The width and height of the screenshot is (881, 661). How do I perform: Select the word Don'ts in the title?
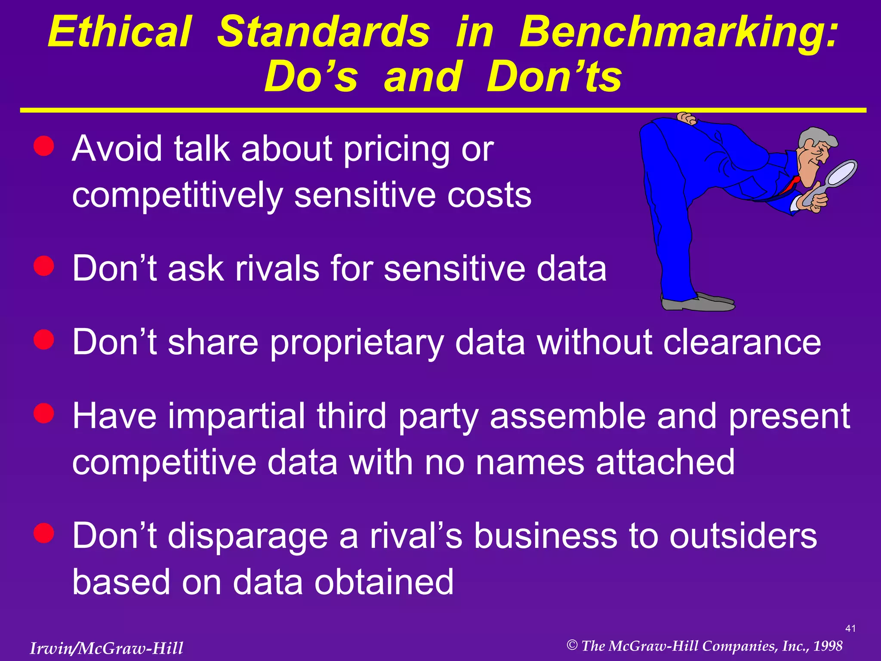[554, 77]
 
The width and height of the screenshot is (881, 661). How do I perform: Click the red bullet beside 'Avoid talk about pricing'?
[44, 146]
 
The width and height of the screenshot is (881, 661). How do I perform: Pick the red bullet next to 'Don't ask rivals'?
[44, 266]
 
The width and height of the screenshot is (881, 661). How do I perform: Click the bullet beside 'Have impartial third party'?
[44, 414]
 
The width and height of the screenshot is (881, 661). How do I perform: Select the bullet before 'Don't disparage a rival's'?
[44, 533]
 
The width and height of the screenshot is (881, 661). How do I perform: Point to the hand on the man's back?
[686, 118]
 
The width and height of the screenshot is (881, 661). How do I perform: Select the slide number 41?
[850, 629]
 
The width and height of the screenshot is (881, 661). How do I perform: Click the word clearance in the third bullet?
[742, 343]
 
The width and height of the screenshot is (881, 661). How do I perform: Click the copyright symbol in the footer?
[572, 645]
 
